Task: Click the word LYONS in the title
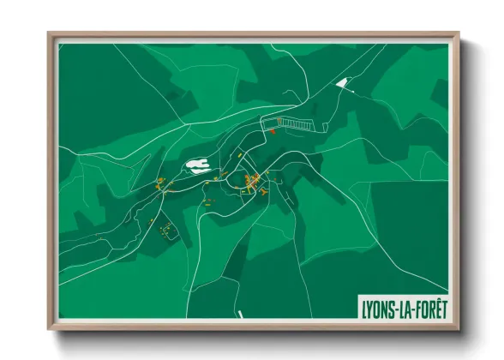[x=377, y=306]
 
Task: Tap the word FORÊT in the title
[x=426, y=306]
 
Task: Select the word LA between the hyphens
[x=402, y=306]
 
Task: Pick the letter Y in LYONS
[x=369, y=306]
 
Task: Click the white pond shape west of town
[x=199, y=165]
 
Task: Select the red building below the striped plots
[x=273, y=131]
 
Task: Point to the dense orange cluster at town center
[x=253, y=181]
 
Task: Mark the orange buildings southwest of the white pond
[x=161, y=183]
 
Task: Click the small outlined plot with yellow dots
[x=169, y=229]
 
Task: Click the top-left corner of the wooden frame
[x=49, y=33]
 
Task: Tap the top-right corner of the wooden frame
[x=459, y=33]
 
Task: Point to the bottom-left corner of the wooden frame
[x=49, y=330]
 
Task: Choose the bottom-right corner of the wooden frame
[x=459, y=330]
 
